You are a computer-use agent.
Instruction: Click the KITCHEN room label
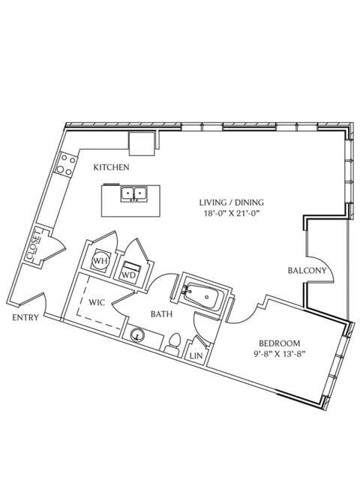(x=112, y=167)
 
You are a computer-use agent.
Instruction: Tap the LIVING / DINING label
(x=232, y=202)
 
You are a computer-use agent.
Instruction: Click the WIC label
(x=97, y=303)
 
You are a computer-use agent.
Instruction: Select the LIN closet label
(x=196, y=355)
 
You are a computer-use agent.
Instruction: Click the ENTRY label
(x=26, y=318)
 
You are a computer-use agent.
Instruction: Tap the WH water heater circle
(x=99, y=262)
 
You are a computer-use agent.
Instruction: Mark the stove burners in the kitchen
(x=64, y=163)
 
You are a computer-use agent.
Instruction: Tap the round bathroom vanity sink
(x=138, y=336)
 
